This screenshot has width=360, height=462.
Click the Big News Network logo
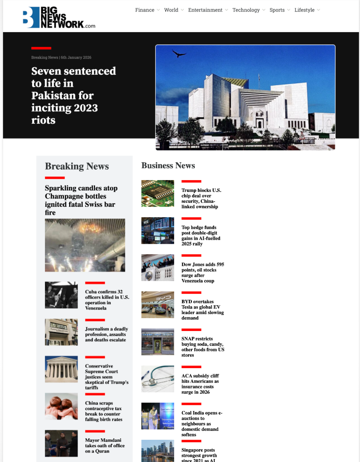pyautogui.click(x=58, y=17)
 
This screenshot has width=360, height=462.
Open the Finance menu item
pyautogui.click(x=145, y=10)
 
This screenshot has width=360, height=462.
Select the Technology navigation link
pyautogui.click(x=246, y=10)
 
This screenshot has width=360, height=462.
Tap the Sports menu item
pyautogui.click(x=277, y=10)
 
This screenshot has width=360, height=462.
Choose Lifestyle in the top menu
pyautogui.click(x=304, y=10)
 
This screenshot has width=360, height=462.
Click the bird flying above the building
pyautogui.click(x=179, y=53)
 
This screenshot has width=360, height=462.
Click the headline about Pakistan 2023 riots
pyautogui.click(x=73, y=95)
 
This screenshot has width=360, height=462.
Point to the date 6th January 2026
pyautogui.click(x=76, y=58)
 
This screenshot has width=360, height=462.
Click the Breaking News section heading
pyautogui.click(x=77, y=166)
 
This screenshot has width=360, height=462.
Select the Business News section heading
pyautogui.click(x=168, y=165)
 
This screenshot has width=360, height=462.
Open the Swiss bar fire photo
pyautogui.click(x=85, y=245)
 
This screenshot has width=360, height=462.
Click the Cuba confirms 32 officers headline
pyautogui.click(x=107, y=300)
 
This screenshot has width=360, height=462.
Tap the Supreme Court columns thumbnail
pyautogui.click(x=61, y=369)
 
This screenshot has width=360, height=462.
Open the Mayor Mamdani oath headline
pyautogui.click(x=103, y=445)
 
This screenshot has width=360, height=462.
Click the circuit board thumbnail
pyautogui.click(x=158, y=193)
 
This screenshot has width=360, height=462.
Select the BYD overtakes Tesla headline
pyautogui.click(x=203, y=310)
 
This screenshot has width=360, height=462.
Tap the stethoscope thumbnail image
pyautogui.click(x=158, y=379)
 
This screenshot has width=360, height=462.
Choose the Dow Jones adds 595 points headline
pyautogui.click(x=203, y=273)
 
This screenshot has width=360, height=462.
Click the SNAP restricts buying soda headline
pyautogui.click(x=203, y=347)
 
